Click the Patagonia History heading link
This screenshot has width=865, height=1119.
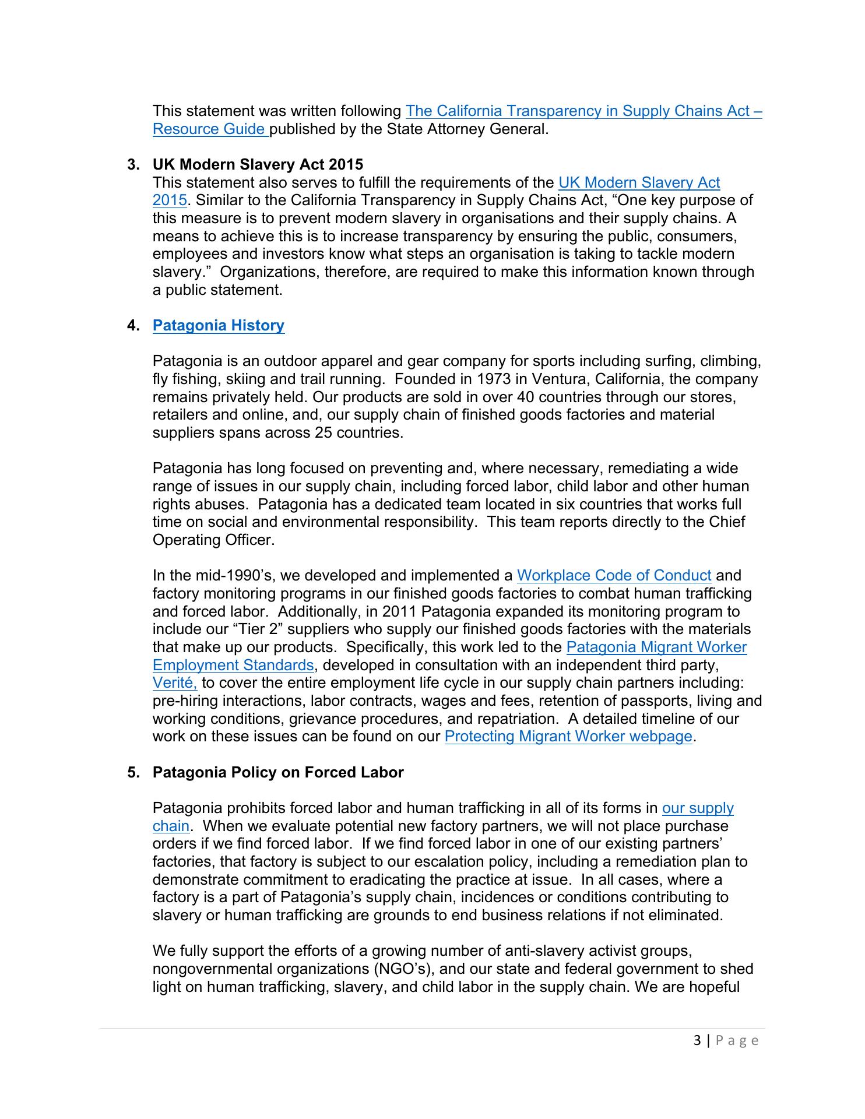click(219, 325)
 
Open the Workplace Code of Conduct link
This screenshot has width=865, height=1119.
click(614, 576)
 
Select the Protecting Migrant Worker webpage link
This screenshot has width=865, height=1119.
click(568, 737)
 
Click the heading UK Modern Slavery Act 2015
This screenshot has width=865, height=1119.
click(258, 164)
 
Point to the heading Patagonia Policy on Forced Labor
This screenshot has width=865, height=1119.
click(278, 772)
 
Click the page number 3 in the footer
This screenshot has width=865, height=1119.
click(698, 1041)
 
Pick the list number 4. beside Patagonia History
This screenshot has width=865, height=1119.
click(133, 325)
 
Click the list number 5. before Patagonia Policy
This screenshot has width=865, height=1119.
click(133, 772)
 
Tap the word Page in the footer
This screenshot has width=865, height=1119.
click(737, 1041)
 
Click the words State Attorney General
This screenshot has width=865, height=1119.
click(467, 129)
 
